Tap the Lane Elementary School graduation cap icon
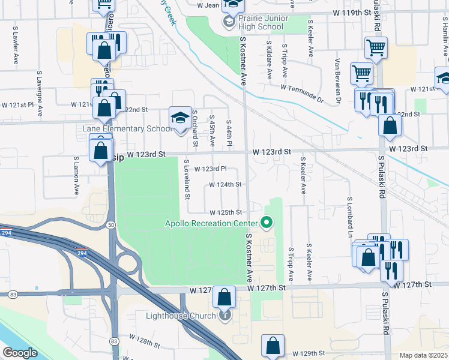tap(179, 117)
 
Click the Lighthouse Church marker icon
tap(225, 314)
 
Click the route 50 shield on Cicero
tap(112, 224)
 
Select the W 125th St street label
tap(225, 212)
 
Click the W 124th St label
tap(225, 185)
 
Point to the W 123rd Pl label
tap(210, 169)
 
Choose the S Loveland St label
tap(187, 179)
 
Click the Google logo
tap(20, 353)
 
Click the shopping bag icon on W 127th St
tap(224, 296)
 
